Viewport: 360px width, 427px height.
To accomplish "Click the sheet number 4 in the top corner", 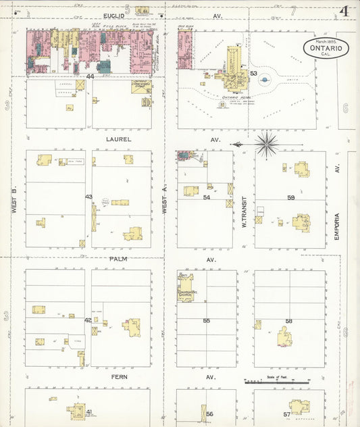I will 344,11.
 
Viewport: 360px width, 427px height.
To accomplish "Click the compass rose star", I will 267,143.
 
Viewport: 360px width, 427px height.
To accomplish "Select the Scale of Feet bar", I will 278,382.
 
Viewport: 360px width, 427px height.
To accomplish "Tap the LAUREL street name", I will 118,139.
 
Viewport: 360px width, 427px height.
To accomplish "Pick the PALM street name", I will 118,259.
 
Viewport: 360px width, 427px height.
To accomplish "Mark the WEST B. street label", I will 14,200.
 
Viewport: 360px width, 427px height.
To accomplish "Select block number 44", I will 89,77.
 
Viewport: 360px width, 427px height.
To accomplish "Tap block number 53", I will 253,73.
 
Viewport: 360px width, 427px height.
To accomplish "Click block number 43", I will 88,197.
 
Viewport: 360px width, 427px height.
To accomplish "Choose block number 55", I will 206,320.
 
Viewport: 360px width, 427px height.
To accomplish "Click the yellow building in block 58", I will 285,336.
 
